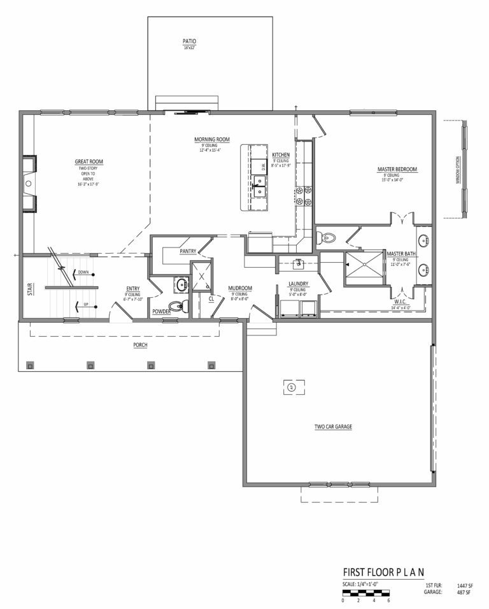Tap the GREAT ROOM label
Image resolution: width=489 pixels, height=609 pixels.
(89, 162)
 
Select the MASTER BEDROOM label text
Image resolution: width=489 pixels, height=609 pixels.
(397, 169)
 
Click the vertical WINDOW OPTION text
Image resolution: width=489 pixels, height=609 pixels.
(457, 171)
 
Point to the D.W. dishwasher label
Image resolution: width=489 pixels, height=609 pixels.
(262, 168)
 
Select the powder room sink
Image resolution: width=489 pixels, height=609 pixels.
(180, 284)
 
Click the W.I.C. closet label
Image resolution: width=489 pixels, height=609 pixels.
(400, 302)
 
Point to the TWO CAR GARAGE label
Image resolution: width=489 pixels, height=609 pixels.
(333, 427)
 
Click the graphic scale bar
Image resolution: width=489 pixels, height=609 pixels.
(365, 592)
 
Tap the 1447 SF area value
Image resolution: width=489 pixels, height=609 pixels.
(465, 585)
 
